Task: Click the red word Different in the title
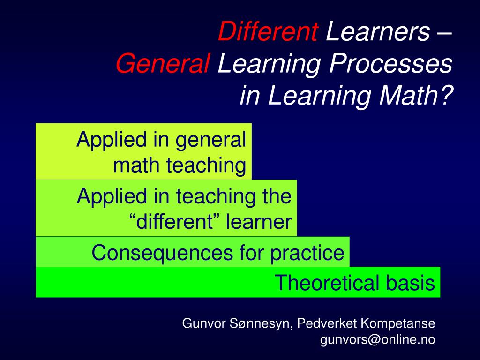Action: coord(268,32)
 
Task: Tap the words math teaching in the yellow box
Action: coord(180,165)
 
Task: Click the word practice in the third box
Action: coord(307,254)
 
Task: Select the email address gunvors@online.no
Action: coord(378,340)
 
